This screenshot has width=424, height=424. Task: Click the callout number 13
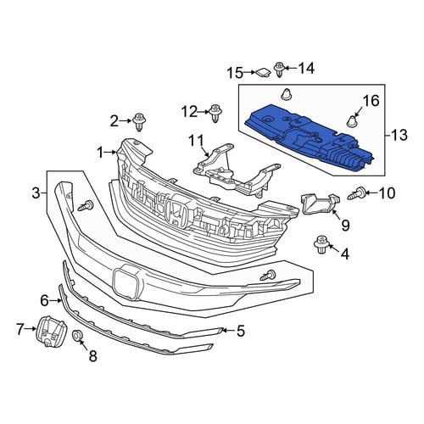click(x=399, y=135)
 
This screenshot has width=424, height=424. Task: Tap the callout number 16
click(x=371, y=101)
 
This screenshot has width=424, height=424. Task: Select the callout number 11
click(x=197, y=141)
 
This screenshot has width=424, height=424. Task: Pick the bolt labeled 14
click(x=279, y=70)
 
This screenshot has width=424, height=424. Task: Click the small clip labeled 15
click(x=263, y=73)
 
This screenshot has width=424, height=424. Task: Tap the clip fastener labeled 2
click(x=139, y=122)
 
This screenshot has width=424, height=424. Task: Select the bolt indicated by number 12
click(x=215, y=114)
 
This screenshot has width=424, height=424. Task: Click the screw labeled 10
click(x=356, y=194)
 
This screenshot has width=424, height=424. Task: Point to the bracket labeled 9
click(x=320, y=204)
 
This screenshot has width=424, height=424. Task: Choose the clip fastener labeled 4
click(x=321, y=244)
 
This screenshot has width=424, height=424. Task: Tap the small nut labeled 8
click(x=77, y=335)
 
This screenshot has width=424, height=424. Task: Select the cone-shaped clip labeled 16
click(x=351, y=121)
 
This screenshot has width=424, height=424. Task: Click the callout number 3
click(x=36, y=193)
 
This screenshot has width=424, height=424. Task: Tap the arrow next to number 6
click(x=55, y=301)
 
